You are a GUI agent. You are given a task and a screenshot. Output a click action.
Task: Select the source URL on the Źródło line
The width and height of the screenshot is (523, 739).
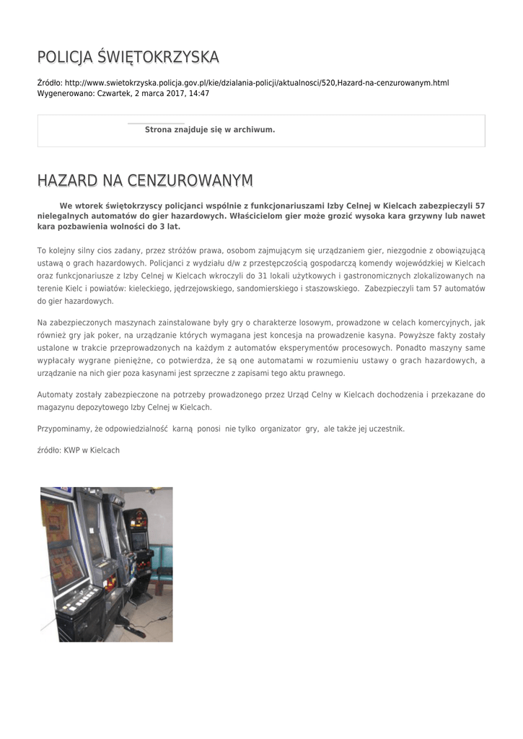coord(257,83)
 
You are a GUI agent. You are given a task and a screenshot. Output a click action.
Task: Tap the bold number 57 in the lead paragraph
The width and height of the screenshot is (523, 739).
coord(480,206)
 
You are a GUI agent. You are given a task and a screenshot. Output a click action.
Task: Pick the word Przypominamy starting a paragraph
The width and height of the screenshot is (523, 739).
coord(65,429)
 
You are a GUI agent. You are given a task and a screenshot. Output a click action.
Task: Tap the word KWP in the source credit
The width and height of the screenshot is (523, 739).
coord(71,450)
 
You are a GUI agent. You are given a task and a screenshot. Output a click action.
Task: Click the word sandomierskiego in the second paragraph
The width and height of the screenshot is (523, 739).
coord(251,288)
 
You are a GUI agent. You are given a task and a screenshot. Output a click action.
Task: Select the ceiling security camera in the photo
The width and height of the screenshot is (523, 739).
coord(152,493)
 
